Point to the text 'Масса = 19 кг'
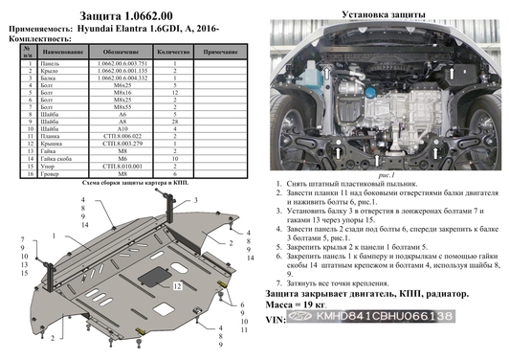[x=301, y=329]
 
